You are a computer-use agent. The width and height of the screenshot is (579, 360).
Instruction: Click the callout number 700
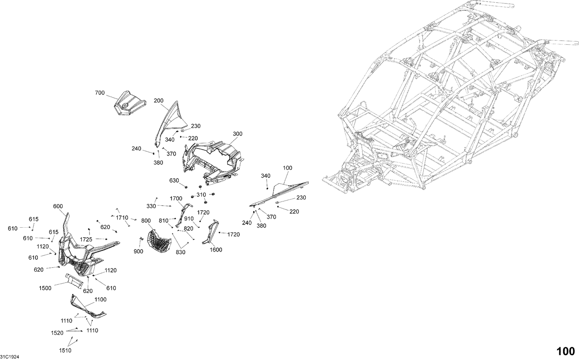click(100, 93)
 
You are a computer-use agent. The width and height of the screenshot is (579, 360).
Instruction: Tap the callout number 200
click(158, 101)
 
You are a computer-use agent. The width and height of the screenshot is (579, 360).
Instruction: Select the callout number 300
click(237, 134)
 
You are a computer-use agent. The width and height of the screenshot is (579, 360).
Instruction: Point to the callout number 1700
click(176, 198)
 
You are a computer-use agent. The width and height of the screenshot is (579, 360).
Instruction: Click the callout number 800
click(146, 221)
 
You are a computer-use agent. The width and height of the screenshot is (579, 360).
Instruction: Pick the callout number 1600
click(216, 250)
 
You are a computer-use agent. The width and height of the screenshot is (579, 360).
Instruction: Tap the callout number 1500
click(45, 288)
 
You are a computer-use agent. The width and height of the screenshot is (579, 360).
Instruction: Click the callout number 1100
click(100, 299)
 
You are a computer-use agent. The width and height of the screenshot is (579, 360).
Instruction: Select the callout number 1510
click(65, 350)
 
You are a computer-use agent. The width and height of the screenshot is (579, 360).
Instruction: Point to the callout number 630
click(174, 181)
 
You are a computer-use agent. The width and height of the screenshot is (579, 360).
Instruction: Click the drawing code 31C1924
click(10, 357)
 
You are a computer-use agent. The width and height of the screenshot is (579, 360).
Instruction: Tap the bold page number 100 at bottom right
click(565, 352)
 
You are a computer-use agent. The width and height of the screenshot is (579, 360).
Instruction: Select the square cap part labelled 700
click(130, 103)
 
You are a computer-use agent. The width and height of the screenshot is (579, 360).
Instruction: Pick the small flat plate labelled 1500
click(74, 281)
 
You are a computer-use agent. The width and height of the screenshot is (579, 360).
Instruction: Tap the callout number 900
click(139, 252)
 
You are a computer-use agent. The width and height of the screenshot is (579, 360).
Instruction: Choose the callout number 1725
click(86, 240)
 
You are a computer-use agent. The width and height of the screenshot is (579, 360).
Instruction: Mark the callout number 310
click(201, 194)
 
